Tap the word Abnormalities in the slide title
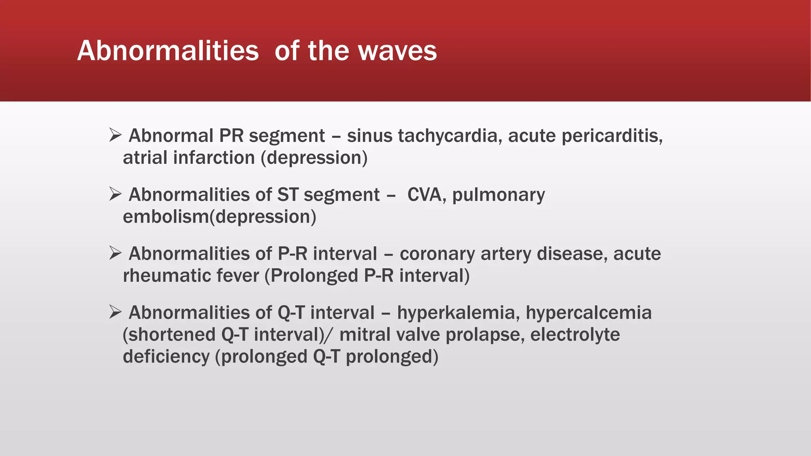click(168, 51)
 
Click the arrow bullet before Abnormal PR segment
click(115, 135)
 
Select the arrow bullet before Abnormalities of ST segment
click(115, 194)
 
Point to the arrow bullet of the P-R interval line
click(115, 253)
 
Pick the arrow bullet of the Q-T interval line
click(115, 312)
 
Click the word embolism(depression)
click(219, 217)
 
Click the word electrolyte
click(575, 334)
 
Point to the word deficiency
click(166, 357)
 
